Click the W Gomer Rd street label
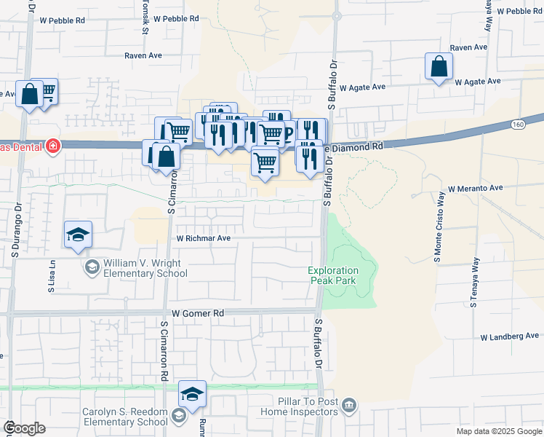coord(197,313)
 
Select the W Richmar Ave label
coord(203,237)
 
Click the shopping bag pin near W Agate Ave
coord(439,68)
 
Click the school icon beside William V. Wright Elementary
coord(92,268)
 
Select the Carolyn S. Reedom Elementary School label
coord(125,417)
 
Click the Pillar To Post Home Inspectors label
coord(299,406)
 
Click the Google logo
coord(25,428)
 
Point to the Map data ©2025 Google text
coord(498,431)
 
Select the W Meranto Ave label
coord(476,188)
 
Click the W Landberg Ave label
coord(508,336)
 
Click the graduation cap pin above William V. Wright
coord(78,235)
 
